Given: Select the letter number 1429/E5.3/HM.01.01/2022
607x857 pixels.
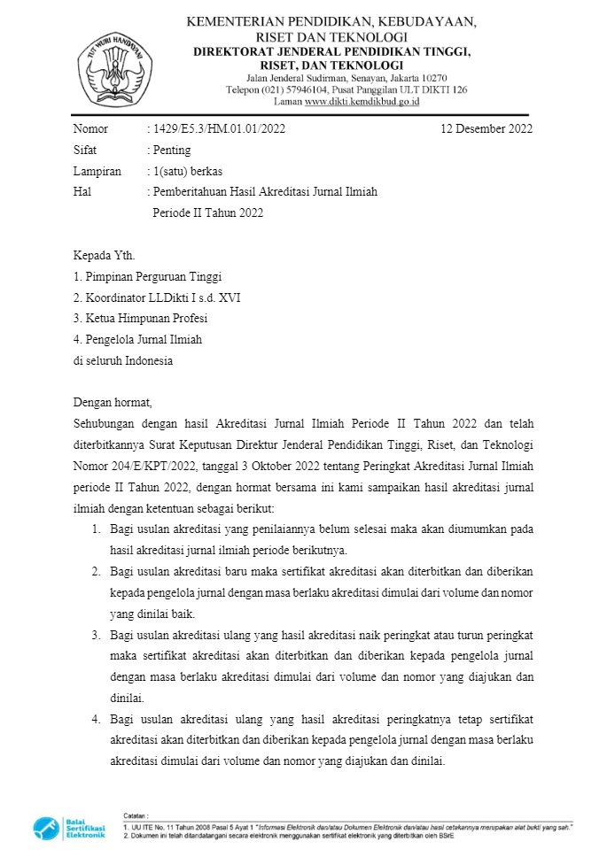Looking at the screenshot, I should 219,129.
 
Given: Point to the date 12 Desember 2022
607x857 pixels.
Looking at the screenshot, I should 486,129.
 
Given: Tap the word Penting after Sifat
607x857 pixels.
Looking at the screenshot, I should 171,151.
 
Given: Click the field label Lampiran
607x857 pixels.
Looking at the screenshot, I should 97,171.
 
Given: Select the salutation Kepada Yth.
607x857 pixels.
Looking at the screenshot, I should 105,256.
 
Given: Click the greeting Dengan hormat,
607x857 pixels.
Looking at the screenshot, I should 113,403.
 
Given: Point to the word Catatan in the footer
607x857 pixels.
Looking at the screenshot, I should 136,815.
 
